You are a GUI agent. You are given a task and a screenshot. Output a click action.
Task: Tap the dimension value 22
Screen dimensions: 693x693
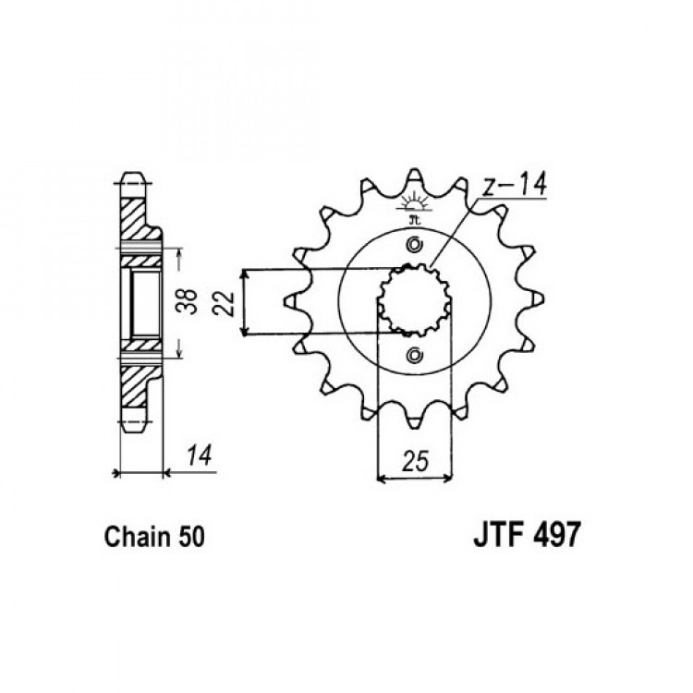pos(223,302)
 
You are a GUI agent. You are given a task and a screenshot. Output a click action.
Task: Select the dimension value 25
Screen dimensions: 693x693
pos(416,461)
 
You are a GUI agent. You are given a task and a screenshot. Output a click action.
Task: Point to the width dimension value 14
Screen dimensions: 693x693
pos(199,456)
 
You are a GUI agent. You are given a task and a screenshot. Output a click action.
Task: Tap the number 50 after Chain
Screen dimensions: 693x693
pos(191,537)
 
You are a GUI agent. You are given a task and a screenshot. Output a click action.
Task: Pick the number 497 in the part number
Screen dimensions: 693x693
pos(555,535)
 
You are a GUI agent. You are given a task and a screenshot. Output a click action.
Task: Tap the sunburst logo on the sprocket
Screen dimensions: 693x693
pos(414,204)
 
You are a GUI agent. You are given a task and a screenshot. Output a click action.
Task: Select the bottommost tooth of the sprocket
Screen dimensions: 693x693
pos(414,423)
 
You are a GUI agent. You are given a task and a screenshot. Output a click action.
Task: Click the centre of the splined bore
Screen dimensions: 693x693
pos(415,299)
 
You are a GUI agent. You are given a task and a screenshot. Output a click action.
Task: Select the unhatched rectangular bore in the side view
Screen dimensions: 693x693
pos(145,304)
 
